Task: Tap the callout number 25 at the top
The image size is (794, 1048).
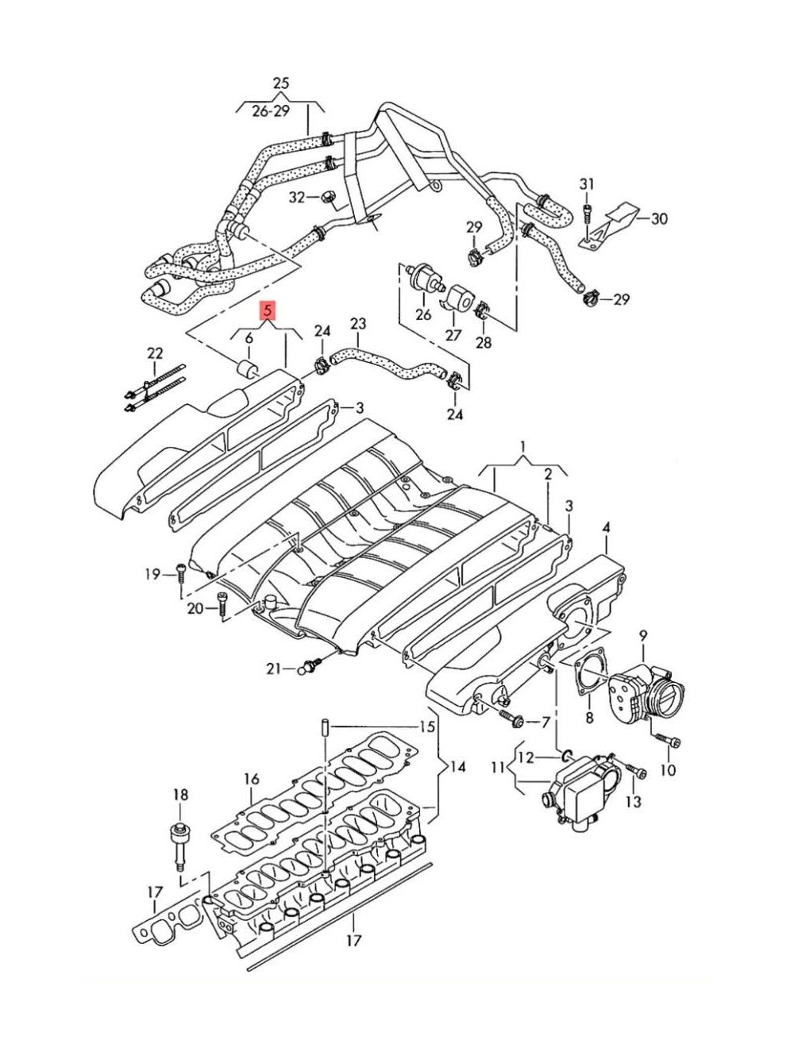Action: pyautogui.click(x=281, y=83)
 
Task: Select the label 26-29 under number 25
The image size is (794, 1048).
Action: pyautogui.click(x=271, y=111)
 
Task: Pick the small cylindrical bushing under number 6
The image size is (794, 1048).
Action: pyautogui.click(x=247, y=368)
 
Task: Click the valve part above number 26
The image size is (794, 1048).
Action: pyautogui.click(x=425, y=276)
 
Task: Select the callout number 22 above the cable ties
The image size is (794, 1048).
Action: pyautogui.click(x=155, y=353)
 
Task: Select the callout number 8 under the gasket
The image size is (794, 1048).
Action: pyautogui.click(x=589, y=730)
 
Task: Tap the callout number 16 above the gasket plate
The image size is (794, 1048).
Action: pyautogui.click(x=252, y=779)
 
